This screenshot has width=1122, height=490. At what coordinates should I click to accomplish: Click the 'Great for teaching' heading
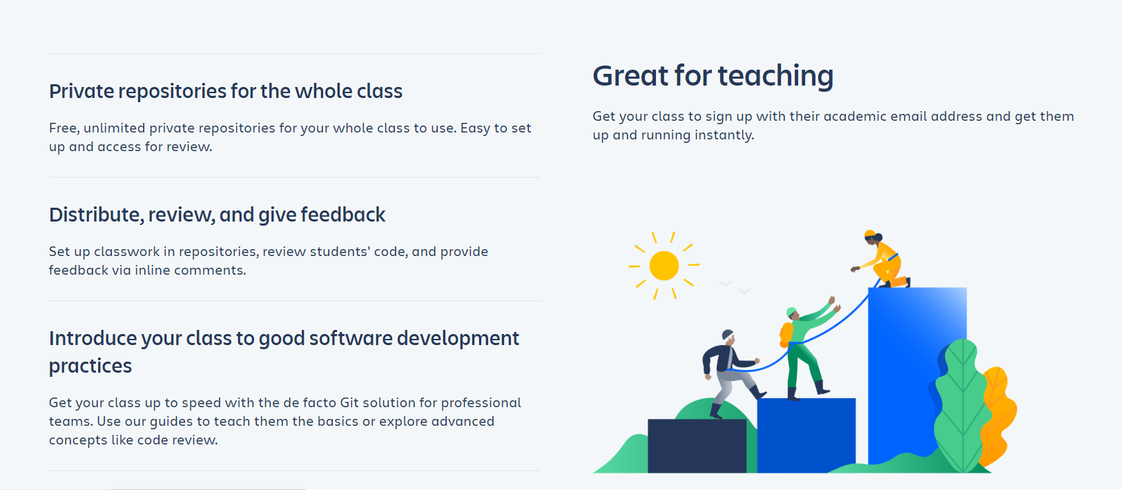713,76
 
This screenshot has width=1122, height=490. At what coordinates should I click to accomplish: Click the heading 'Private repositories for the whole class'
225,91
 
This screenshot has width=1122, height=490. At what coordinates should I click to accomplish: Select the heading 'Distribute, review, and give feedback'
217,215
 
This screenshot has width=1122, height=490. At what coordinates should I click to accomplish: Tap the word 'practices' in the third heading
90,366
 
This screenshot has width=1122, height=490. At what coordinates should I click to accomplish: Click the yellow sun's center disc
664,265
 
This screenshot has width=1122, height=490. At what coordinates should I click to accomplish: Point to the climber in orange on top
882,260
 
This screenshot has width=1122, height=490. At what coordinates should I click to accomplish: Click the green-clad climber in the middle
807,351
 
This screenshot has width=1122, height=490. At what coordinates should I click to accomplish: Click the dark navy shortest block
697,445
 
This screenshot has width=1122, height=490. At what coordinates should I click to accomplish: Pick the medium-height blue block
806,434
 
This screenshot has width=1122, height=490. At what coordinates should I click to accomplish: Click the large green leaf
962,405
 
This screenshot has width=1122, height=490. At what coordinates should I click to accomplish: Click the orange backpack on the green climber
786,334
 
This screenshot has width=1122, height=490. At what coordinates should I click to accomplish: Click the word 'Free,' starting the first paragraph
64,128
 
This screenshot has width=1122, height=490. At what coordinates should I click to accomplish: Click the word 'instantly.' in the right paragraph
724,136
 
